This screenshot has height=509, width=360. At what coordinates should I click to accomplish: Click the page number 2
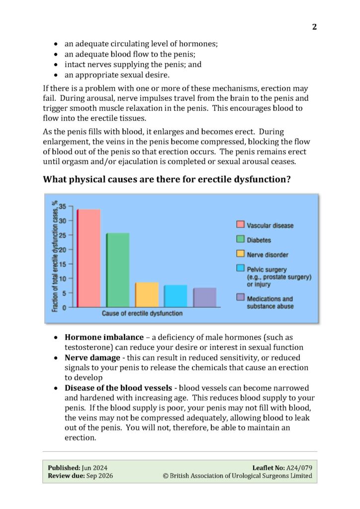[314, 27]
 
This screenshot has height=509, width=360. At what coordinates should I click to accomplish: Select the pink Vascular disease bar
[89, 258]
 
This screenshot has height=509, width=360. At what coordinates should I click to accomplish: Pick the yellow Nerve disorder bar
[147, 295]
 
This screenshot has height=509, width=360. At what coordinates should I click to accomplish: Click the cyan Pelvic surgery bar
[175, 296]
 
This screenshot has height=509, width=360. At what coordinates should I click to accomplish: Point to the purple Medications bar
[204, 297]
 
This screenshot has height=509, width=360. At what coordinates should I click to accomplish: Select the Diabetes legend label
[259, 240]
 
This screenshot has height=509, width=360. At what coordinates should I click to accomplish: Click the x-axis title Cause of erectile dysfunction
[142, 314]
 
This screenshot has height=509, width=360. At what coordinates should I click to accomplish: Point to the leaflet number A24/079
[300, 467]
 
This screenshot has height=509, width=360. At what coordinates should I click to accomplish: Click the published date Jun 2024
[94, 467]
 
